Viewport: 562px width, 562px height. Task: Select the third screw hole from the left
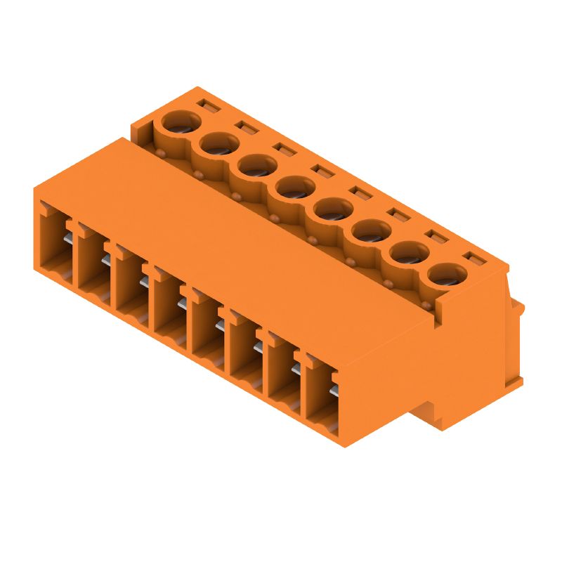[255, 166]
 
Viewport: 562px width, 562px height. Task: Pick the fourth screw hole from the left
[294, 188]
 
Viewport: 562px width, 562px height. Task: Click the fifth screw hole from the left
[332, 209]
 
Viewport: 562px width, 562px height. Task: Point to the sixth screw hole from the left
[370, 231]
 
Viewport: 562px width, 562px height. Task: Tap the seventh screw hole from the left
[409, 253]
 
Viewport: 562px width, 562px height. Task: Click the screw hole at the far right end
[447, 275]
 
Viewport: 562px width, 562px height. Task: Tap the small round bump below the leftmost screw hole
[161, 152]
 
